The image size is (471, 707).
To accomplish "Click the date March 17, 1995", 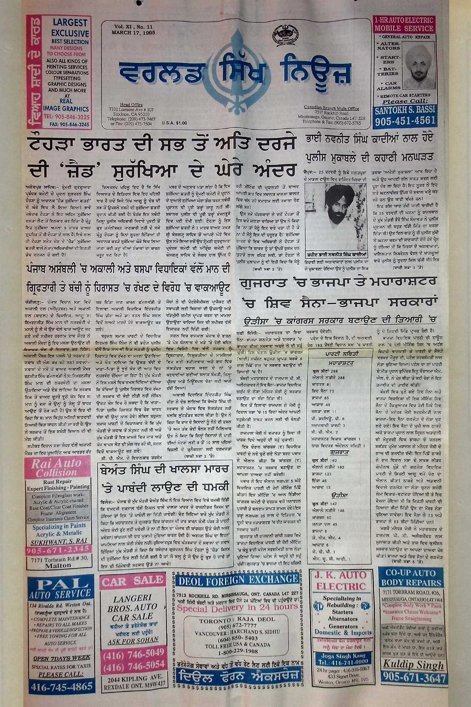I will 133,33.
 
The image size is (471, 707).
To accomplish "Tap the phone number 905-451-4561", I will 405,121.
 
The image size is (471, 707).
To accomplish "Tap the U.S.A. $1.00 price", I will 174,123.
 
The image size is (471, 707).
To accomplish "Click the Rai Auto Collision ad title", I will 57,468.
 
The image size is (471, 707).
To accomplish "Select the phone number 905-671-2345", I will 58,550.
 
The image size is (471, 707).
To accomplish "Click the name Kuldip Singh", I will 413,664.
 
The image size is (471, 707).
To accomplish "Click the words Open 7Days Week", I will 61,658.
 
